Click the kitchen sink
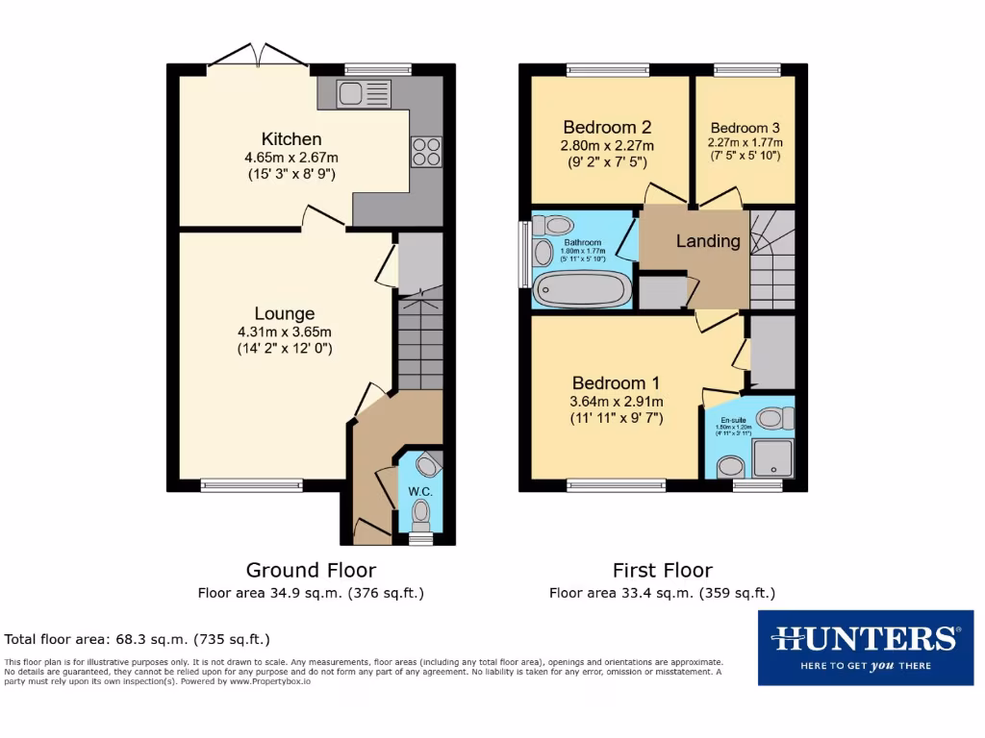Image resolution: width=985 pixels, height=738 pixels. point(363,93)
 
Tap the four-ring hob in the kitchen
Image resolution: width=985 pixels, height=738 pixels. point(426,152)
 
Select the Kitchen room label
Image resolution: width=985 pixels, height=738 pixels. point(290,139)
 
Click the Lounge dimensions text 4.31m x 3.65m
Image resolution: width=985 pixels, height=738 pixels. point(285,332)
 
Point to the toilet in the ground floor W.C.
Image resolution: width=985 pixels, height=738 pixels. point(420,516)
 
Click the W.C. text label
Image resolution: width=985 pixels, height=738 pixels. point(420,492)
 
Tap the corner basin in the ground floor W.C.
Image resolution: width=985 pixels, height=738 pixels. point(427,465)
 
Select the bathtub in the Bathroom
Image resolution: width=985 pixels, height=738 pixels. point(582,288)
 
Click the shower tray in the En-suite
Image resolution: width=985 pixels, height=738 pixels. point(774,458)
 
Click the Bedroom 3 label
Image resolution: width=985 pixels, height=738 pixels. point(745,128)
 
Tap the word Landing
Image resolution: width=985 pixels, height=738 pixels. point(708,241)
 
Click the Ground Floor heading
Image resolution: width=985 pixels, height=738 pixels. point(311,571)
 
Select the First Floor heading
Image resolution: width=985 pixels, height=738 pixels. point(663,571)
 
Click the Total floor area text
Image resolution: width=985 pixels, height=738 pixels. point(138,639)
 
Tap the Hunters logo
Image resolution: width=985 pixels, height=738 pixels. point(865,647)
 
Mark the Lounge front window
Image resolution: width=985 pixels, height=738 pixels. point(252,485)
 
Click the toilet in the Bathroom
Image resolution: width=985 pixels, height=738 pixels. point(553,225)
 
